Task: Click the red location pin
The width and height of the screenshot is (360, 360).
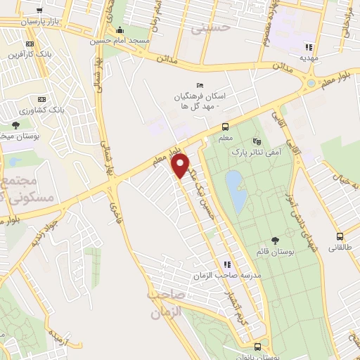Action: (181, 166)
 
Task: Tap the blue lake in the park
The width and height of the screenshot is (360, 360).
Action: (236, 191)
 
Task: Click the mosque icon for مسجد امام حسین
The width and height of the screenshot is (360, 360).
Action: (120, 30)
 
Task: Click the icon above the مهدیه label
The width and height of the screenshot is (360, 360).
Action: (307, 47)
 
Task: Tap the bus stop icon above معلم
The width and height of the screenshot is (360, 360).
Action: (225, 127)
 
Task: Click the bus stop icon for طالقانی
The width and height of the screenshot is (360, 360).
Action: (339, 236)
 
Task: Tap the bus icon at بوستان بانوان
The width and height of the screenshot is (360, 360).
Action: (258, 346)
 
